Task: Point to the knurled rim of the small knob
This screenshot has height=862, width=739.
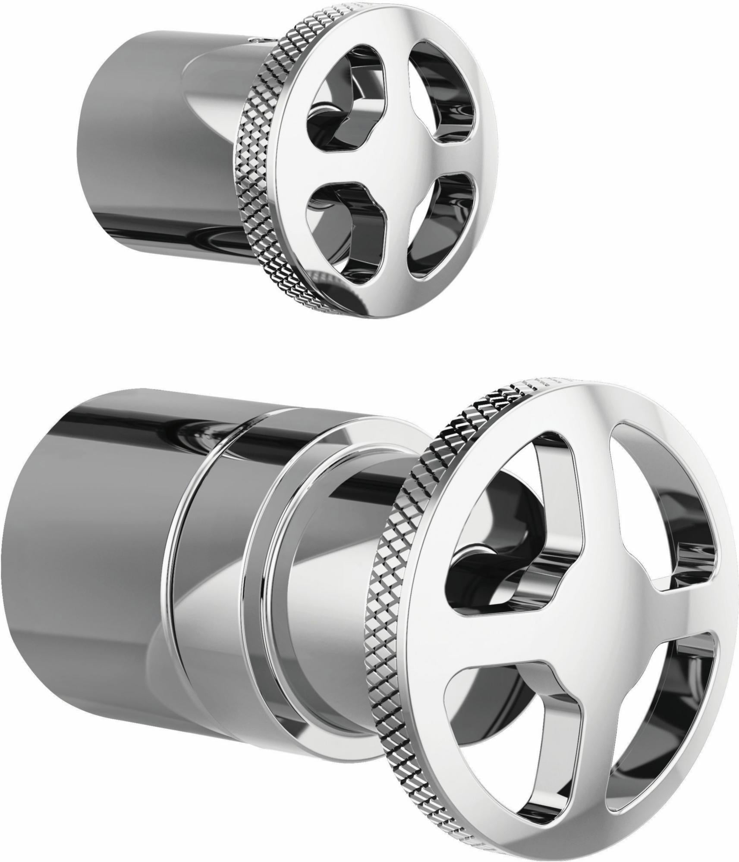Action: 255,172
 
